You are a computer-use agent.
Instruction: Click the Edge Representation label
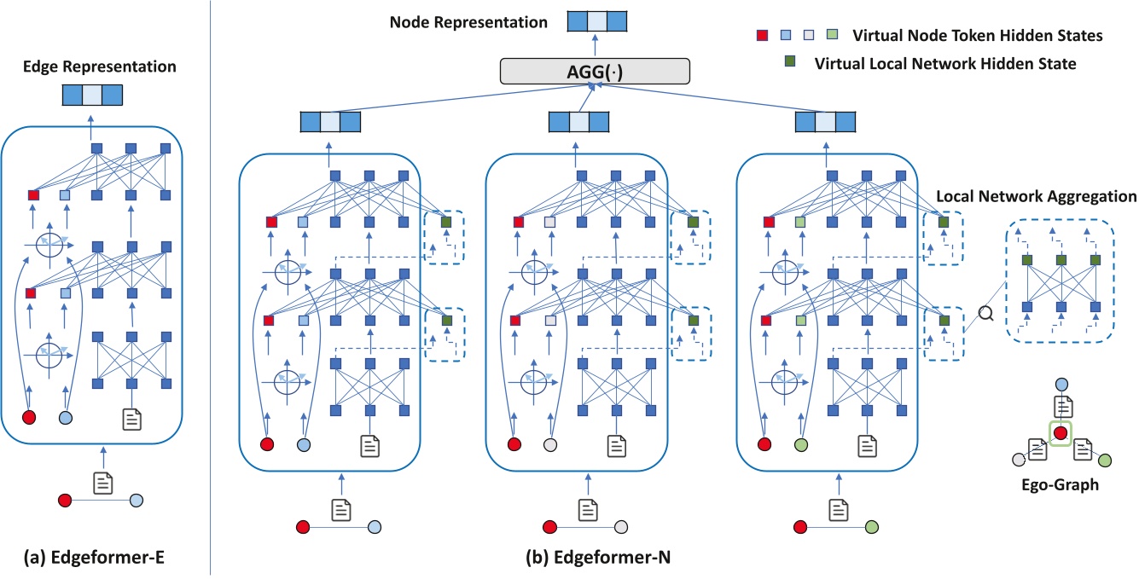point(93,66)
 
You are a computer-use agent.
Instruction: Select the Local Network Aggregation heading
point(1036,196)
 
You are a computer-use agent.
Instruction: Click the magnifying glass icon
point(986,313)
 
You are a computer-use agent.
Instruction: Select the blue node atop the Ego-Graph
point(1061,385)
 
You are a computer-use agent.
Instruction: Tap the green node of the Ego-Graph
point(1105,461)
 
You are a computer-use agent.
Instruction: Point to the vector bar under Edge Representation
point(93,95)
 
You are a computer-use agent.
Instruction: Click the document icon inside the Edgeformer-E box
point(131,418)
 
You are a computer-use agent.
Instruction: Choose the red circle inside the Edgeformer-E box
point(30,418)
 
